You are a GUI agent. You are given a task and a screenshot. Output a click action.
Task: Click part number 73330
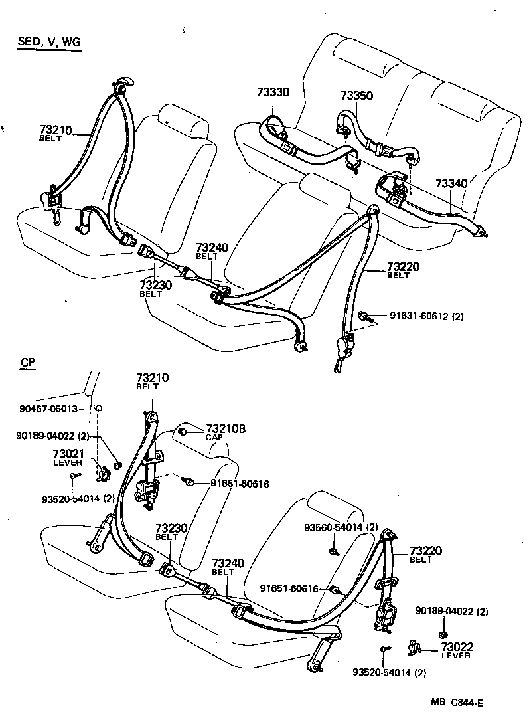coord(273,92)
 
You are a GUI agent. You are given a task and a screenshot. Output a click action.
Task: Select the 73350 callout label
coord(357,96)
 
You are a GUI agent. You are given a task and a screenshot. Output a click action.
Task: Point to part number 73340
coord(451,183)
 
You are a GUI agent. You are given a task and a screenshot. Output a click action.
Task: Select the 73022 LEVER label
coord(455,650)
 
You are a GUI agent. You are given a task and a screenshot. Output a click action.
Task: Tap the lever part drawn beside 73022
coord(415,646)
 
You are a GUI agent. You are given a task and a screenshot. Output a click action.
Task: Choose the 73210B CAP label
coord(225,432)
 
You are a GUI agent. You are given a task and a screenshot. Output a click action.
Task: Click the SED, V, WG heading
coord(48,43)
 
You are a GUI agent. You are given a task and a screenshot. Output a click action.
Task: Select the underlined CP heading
coord(27,363)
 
